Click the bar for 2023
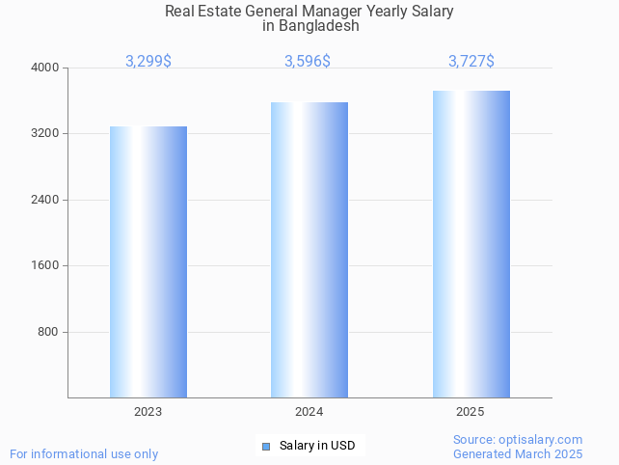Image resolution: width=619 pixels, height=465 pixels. point(148,261)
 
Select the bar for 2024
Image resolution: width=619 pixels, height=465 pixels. point(309,250)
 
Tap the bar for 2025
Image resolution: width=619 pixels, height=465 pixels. point(471,244)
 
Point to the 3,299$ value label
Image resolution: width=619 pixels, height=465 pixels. point(148,61)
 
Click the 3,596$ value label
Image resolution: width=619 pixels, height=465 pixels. point(308,61)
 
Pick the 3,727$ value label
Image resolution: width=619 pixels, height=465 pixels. point(471,61)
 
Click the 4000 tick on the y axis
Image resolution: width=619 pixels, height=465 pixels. point(46,68)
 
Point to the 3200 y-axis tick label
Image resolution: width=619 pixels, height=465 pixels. point(46,134)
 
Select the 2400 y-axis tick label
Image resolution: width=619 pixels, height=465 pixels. point(46,200)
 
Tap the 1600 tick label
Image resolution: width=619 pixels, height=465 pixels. point(46,266)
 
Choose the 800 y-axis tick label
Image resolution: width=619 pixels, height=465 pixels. point(49,332)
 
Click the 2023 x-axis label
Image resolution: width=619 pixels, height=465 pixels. point(148,412)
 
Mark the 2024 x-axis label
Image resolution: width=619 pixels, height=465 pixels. point(309,412)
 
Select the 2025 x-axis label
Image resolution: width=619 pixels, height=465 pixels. point(471,412)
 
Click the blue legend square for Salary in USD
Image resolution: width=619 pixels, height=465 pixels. point(267,446)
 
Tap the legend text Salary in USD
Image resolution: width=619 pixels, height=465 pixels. point(317,446)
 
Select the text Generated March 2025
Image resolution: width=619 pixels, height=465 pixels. point(518,453)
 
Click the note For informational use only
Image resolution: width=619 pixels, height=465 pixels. point(84,453)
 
